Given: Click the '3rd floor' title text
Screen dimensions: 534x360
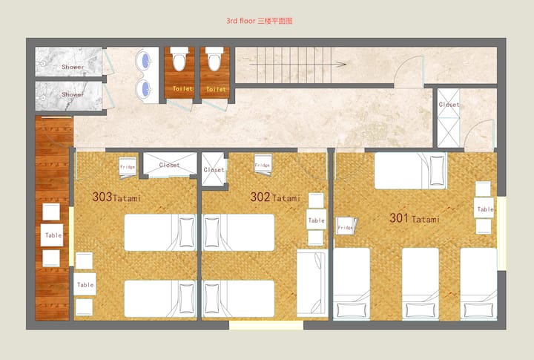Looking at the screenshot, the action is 240,21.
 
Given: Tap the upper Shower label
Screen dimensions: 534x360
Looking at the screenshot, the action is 73,67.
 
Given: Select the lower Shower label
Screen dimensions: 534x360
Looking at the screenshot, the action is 73,94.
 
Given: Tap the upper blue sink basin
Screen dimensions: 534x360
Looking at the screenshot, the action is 145,61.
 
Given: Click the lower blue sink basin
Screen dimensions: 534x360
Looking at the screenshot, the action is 145,89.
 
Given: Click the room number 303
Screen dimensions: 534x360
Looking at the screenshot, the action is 102,197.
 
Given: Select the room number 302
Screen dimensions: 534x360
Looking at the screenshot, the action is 260,197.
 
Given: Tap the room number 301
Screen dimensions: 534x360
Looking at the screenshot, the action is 399,217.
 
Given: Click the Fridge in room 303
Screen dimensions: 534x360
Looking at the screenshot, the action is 128,168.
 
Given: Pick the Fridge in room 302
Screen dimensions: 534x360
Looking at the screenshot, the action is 263,165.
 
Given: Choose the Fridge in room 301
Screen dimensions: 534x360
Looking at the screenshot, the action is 346,226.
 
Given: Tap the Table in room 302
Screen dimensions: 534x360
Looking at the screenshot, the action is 316,220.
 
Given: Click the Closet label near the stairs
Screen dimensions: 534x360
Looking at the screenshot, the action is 449,105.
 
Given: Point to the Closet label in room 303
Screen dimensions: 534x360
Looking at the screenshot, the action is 169,165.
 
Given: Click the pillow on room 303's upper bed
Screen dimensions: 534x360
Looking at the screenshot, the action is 186,232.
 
